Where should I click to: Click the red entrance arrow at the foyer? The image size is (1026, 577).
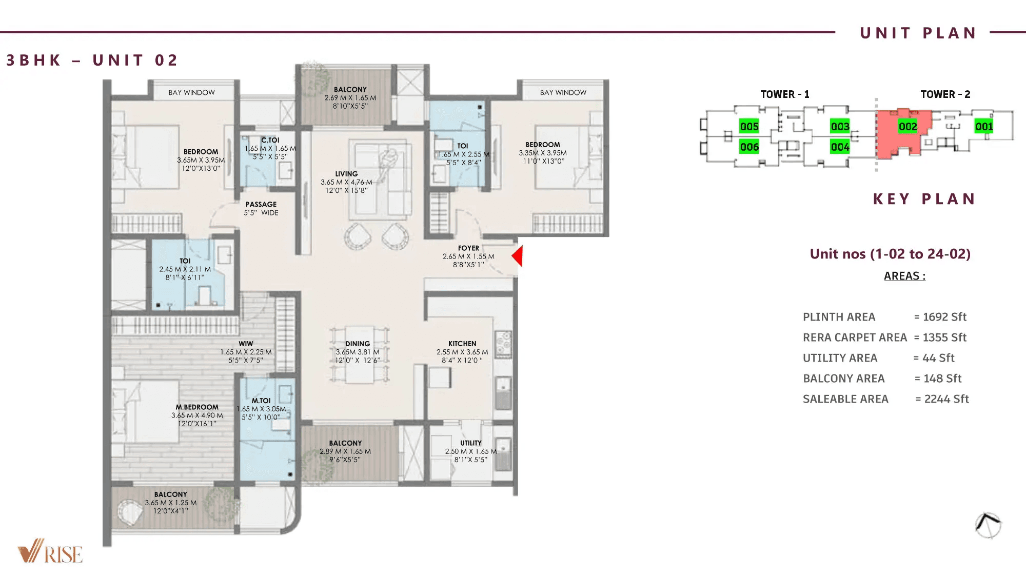coord(518,256)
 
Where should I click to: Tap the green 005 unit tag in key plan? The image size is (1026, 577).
coord(749,126)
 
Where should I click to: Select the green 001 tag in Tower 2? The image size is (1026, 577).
coord(983,126)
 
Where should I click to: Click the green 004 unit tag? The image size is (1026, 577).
coord(840,147)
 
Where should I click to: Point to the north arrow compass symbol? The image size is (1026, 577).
coord(988,525)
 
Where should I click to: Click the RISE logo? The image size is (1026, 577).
coord(50,552)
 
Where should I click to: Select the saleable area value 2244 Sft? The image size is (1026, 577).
coord(946,399)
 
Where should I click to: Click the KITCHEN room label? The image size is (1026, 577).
coord(462,344)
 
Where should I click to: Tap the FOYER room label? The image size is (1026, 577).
coord(468,248)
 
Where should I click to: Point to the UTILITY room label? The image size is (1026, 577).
coord(470,443)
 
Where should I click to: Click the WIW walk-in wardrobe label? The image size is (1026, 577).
coord(246,344)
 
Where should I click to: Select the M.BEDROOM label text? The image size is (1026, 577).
coord(197,407)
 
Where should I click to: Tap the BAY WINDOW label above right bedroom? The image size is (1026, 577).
coord(563,93)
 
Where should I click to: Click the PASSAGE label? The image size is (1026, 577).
coord(261,204)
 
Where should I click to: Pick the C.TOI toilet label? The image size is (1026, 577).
coord(270,140)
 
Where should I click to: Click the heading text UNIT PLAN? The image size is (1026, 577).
coord(918,33)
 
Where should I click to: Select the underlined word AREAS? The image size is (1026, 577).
coord(904,276)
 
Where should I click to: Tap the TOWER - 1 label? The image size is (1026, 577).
coord(784,94)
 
